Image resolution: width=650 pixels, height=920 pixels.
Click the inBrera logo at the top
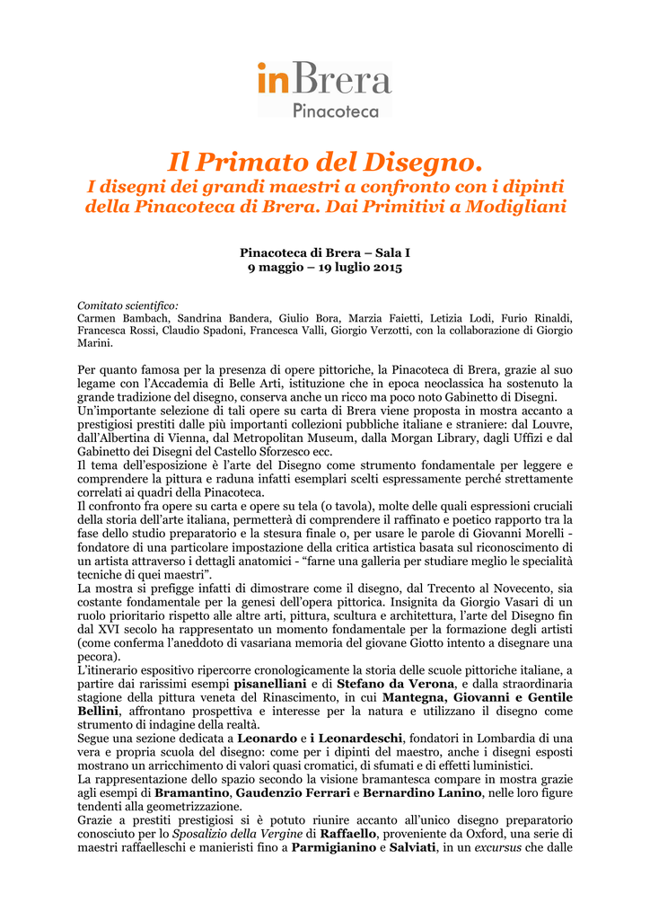point(324,79)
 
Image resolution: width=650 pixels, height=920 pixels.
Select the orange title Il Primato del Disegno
point(325,163)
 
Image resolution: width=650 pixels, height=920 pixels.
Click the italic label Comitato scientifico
point(127,305)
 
